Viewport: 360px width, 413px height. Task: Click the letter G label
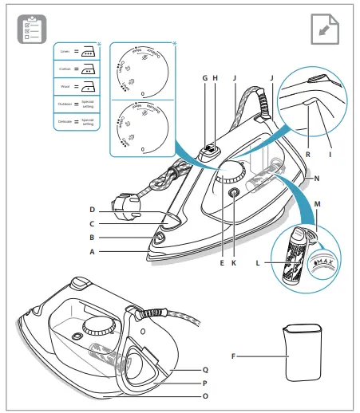[x=205, y=78]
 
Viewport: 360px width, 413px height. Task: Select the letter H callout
[x=216, y=78]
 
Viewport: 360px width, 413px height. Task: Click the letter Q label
[x=204, y=369]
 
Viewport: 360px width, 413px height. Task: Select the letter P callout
[x=204, y=382]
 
